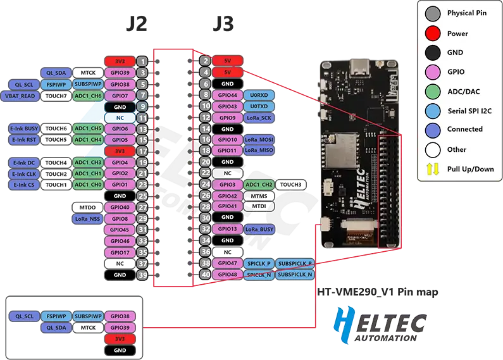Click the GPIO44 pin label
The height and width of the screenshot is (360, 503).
coord(227,95)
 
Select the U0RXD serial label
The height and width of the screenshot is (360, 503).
coord(258,95)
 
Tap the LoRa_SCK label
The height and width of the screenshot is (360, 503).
coord(259,118)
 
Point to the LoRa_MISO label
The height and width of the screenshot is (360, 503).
coord(259,151)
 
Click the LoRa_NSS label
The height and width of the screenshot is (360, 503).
coord(87,219)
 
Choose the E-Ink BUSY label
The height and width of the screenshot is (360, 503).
coord(24,128)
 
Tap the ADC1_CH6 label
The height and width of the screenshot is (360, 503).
coord(88,96)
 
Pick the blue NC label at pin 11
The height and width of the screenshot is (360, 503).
coord(119,118)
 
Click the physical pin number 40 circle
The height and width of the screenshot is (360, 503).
coord(204,275)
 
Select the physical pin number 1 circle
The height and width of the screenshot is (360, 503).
coord(143,61)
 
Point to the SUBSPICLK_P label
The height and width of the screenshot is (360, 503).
coord(295,263)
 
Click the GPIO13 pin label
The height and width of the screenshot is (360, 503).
coord(227,229)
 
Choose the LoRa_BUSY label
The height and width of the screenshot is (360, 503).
coord(259,229)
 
